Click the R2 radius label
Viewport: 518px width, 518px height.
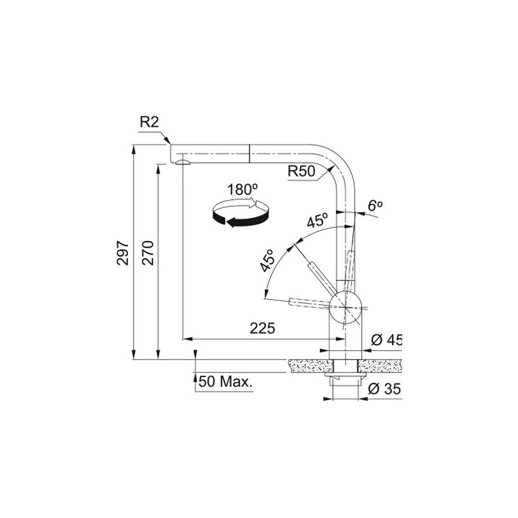pos(148,123)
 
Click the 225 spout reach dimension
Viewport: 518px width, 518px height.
pos(263,329)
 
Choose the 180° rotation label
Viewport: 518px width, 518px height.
pos(242,190)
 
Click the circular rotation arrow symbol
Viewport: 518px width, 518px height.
pos(240,214)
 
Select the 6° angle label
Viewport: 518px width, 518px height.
pos(375,206)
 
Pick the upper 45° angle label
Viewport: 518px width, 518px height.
pos(317,221)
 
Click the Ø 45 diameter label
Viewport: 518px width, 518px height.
pos(385,340)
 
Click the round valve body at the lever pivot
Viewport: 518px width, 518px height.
pos(346,307)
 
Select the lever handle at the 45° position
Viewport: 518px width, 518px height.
pos(319,273)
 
